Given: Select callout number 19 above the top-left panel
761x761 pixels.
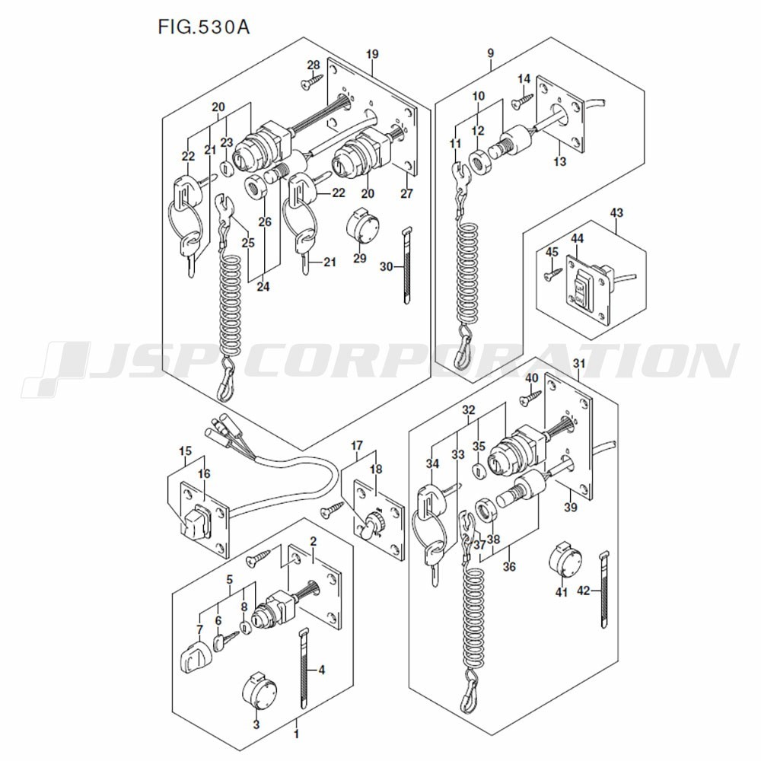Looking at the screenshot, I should pos(371,54).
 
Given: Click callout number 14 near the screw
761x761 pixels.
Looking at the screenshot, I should pos(524,79).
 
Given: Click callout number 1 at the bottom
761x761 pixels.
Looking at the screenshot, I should pos(296,734).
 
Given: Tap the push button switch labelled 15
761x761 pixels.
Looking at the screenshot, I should pos(196,523).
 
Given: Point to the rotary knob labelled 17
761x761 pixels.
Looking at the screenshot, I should pos(372,525).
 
